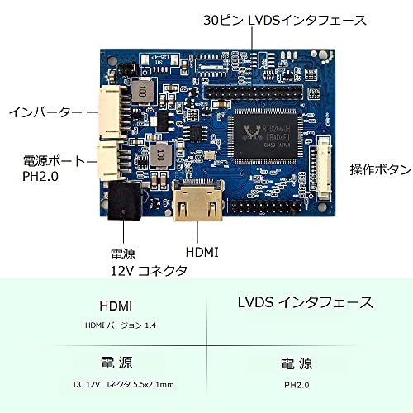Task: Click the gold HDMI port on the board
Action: [198, 201]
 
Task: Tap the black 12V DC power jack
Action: [126, 200]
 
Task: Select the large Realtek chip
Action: [265, 136]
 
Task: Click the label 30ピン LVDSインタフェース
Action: [285, 20]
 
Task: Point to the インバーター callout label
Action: [45, 112]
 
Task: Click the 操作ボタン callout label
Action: [381, 169]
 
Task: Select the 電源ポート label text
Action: [54, 161]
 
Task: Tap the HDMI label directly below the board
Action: [202, 252]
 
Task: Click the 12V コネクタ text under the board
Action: [149, 271]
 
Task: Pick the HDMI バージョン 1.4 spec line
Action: [121, 325]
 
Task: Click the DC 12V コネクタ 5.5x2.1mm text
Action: [124, 384]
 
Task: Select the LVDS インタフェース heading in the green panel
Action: [306, 302]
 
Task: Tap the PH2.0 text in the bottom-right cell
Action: [297, 385]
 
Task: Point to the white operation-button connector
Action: [324, 168]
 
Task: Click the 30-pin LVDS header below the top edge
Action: [253, 93]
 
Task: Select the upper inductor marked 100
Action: [142, 91]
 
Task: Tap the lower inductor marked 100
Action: [159, 155]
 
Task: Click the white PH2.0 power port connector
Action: [109, 160]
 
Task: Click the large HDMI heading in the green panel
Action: [116, 306]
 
